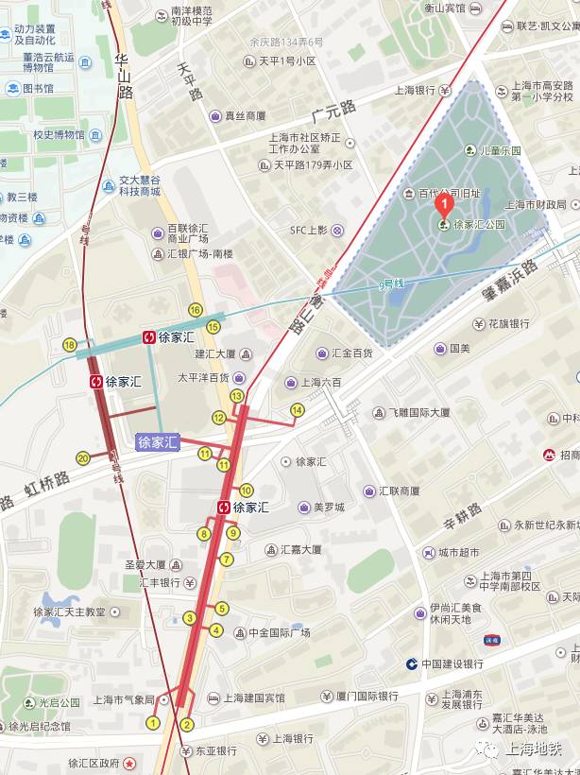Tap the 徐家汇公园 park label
(479, 225)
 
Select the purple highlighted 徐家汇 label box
(157, 441)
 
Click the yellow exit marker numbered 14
(297, 409)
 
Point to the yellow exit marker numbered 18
(70, 345)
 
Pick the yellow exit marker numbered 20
(83, 458)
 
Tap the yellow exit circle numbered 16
(196, 309)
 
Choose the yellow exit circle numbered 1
(153, 723)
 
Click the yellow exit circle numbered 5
(222, 609)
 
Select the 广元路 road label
(332, 115)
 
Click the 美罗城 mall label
(329, 508)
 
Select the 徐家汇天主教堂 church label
(70, 611)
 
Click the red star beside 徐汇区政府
(130, 762)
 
